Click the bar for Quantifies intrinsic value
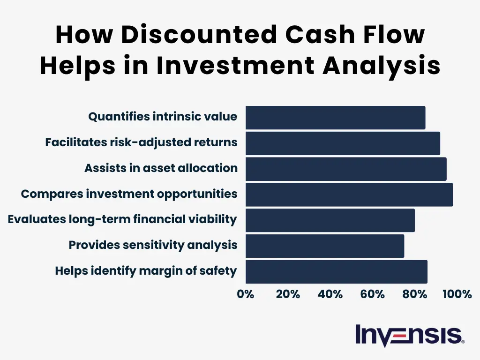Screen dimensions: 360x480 [335, 118]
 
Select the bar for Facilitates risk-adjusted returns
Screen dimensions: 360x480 [343, 143]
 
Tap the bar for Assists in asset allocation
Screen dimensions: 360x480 [346, 169]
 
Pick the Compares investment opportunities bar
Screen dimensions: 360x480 [349, 195]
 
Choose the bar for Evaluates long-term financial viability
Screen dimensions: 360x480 [330, 220]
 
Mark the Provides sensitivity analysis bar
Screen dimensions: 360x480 [324, 246]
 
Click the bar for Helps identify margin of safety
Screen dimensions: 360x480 [336, 272]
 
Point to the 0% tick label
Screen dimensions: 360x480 [246, 294]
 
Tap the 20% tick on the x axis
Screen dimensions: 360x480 [288, 294]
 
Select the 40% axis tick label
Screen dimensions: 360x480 [330, 294]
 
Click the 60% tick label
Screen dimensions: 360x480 [372, 294]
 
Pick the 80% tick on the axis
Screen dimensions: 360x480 [414, 294]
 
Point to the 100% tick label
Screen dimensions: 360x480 [457, 294]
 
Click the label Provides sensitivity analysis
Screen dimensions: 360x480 [153, 245]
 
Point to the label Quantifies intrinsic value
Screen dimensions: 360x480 [163, 117]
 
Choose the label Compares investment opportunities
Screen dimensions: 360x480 [129, 194]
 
